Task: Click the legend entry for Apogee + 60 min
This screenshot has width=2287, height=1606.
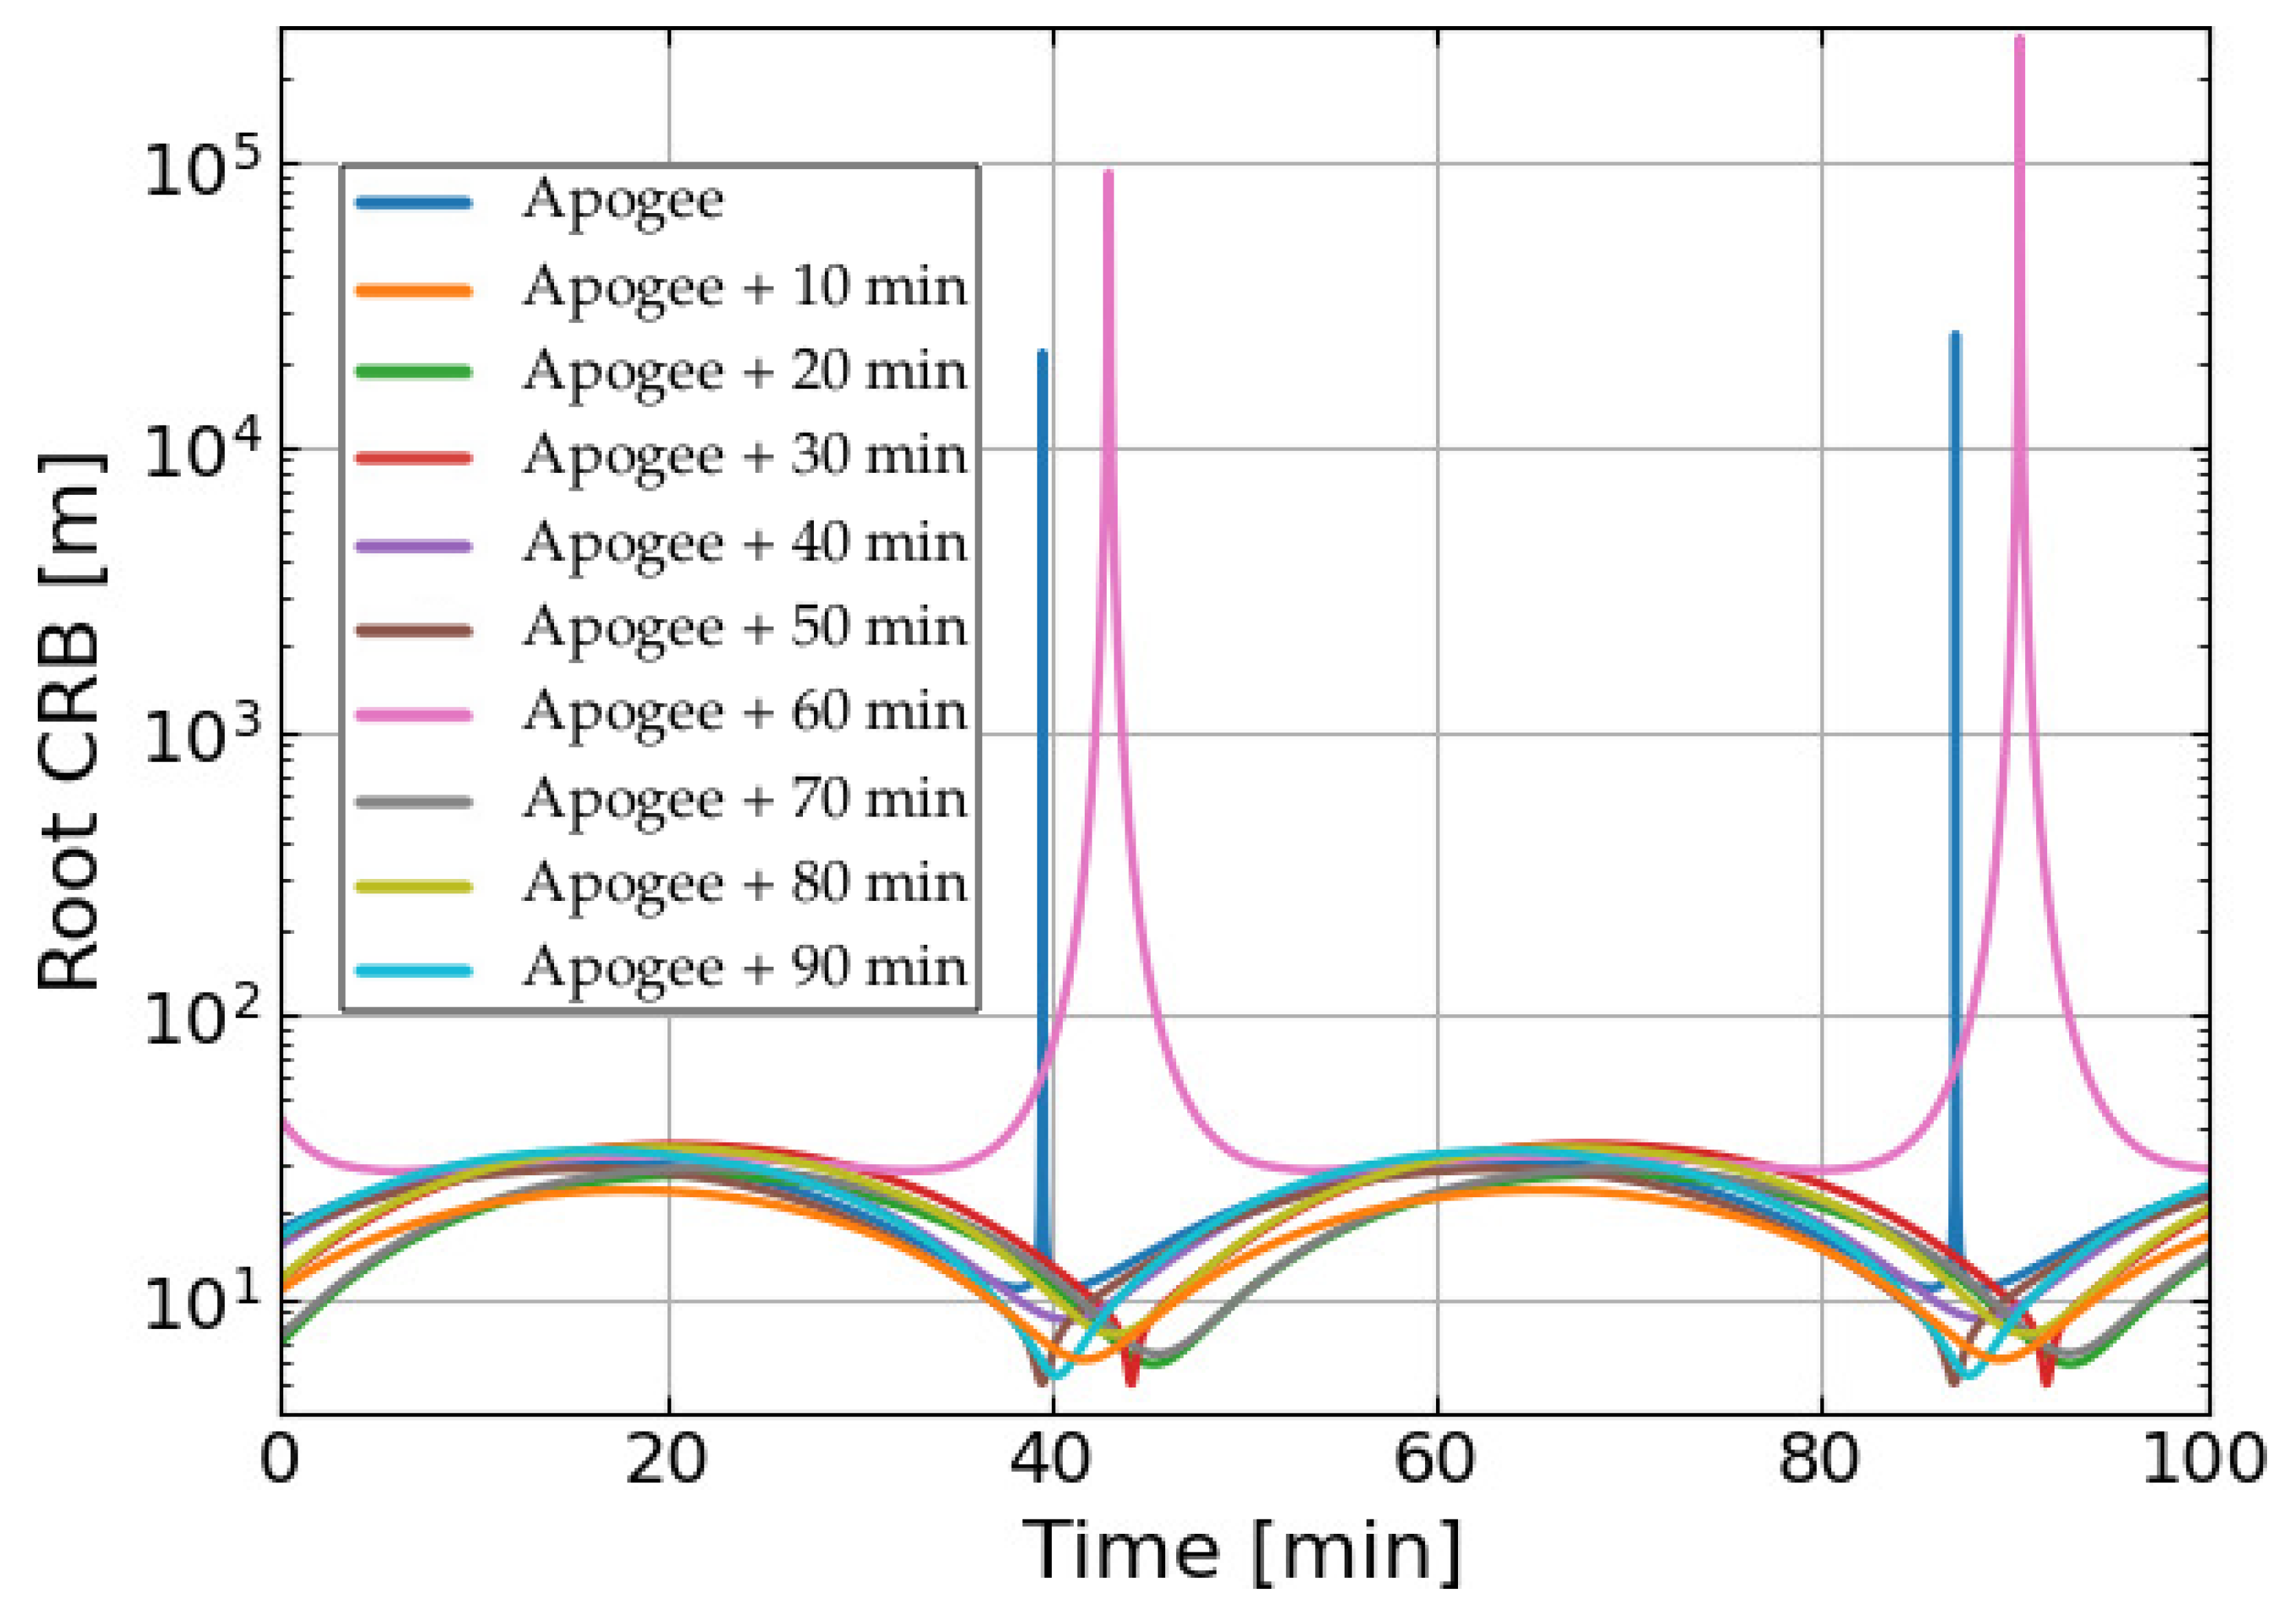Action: (744, 713)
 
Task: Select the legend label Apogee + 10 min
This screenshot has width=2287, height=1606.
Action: (744, 288)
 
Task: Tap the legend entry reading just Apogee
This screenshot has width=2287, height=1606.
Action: (623, 202)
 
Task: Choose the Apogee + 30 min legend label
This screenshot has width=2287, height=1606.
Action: (744, 457)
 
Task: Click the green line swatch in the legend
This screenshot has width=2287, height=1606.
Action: (413, 371)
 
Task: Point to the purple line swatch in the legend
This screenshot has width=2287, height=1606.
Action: (413, 546)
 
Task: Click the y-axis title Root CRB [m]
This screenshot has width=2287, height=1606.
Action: (69, 722)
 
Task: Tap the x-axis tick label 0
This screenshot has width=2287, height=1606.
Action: (280, 1460)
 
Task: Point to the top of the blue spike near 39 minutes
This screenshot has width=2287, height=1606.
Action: (1042, 353)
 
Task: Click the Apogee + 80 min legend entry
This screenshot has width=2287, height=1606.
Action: (744, 884)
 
